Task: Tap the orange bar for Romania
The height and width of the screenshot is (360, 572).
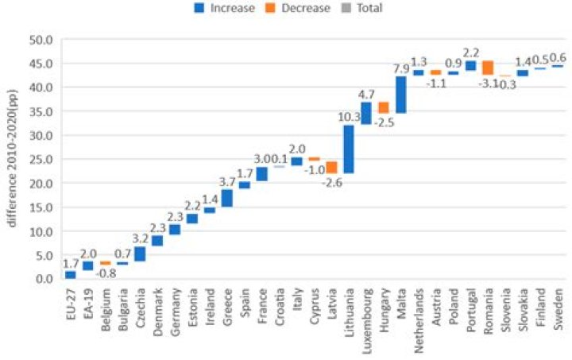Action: tap(488, 68)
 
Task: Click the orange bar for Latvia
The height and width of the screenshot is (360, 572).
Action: tap(331, 167)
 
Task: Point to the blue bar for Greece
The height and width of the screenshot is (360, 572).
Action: tap(226, 198)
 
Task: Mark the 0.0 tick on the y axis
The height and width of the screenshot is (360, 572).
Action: tap(42, 279)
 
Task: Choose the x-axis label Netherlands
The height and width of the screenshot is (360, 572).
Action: tap(419, 313)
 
